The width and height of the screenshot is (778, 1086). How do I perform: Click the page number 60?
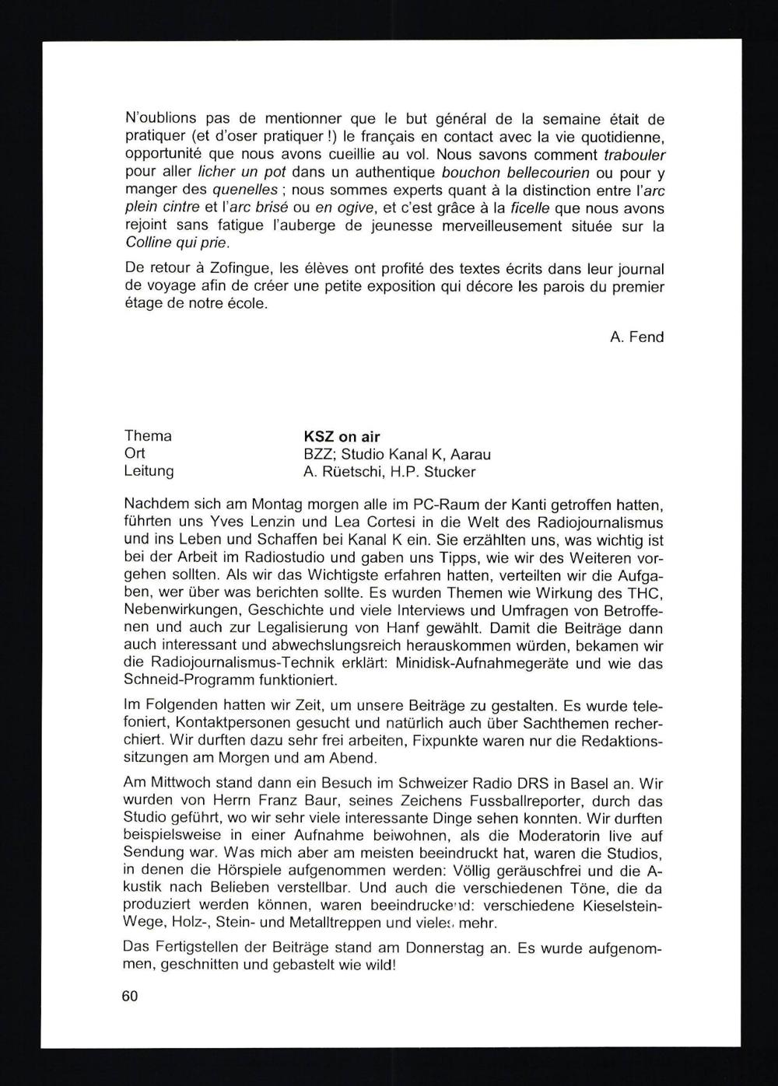point(130,995)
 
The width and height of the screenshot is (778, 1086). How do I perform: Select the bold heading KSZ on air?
point(342,436)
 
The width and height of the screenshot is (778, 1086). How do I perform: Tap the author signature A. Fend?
point(637,337)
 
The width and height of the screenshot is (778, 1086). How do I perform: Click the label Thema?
point(148,436)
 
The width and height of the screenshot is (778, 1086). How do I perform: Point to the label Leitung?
point(149,471)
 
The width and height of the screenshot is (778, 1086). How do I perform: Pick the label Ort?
point(135,453)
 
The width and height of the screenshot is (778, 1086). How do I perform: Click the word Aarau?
point(468,454)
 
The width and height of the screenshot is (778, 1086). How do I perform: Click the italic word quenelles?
point(244,190)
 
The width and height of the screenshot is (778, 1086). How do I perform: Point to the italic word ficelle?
point(529,208)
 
